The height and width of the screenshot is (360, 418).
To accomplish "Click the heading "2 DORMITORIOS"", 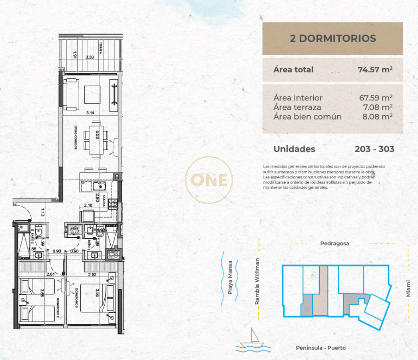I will tap(332, 38).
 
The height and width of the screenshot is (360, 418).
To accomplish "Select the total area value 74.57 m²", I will tap(375, 70).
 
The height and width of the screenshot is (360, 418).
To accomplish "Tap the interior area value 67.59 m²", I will tap(376, 98).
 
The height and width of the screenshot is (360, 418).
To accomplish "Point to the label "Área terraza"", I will tap(297, 107).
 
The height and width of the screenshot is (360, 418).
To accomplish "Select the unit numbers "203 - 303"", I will tap(374, 149).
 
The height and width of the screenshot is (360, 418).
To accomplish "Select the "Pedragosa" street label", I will tap(334, 243).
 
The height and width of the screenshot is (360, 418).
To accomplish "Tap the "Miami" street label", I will tap(408, 289).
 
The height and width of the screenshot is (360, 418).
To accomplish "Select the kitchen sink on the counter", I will tap(98, 186).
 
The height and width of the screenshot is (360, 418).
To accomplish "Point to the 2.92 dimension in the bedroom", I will tap(92, 274).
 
